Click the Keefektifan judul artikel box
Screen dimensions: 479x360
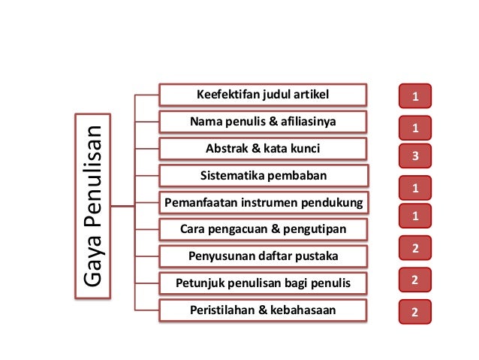(263, 94)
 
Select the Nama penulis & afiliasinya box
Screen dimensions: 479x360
(263, 121)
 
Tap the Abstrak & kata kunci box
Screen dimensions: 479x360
(263, 148)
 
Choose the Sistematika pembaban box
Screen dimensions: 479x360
(264, 176)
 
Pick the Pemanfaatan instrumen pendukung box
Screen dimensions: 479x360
(264, 203)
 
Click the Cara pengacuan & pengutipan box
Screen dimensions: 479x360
(264, 228)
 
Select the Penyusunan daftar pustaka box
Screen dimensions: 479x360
(264, 256)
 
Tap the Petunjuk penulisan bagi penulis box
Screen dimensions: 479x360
(264, 283)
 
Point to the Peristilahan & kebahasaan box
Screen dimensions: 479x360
(264, 310)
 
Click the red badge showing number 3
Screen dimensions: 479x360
(415, 156)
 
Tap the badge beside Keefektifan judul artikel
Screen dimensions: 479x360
(415, 96)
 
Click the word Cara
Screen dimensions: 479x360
(194, 228)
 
